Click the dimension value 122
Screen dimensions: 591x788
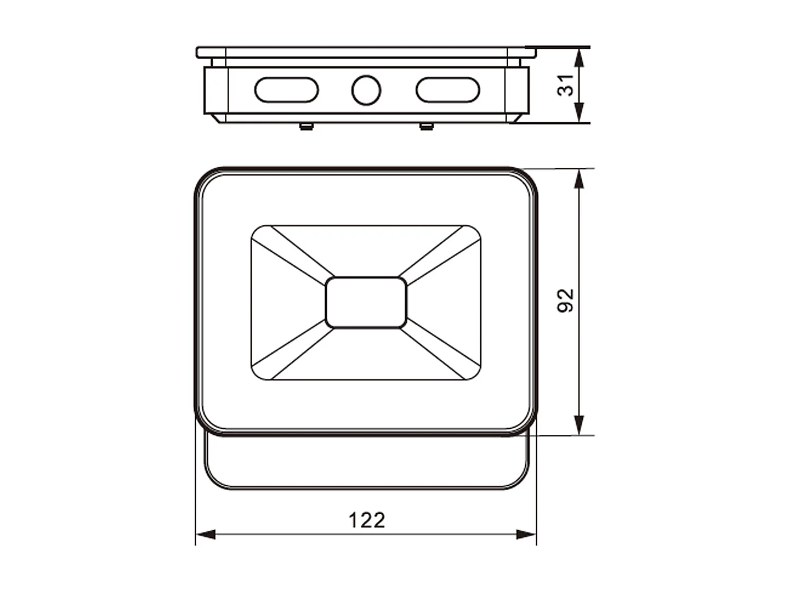366,520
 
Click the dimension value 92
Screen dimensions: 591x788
565,301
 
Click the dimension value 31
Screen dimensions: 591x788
566,85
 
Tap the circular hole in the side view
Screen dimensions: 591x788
366,90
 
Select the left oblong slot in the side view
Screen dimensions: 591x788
286,90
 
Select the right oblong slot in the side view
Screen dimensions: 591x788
447,90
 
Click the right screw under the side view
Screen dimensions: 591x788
426,126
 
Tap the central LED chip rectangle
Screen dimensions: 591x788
366,303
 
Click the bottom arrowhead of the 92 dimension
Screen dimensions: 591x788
580,426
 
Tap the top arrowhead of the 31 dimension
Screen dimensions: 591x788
580,58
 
